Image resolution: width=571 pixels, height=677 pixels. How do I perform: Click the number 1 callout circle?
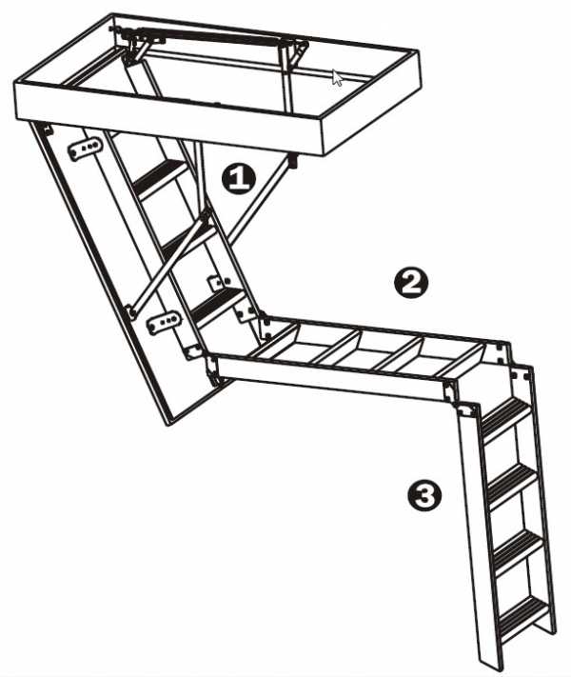click(238, 178)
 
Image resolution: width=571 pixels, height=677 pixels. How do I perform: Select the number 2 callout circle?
click(411, 283)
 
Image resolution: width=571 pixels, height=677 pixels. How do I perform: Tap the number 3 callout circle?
click(424, 495)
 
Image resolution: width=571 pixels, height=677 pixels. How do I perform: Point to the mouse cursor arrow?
click(337, 78)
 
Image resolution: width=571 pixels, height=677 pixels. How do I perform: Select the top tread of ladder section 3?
click(505, 411)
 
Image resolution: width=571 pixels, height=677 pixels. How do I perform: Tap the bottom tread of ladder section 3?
click(523, 613)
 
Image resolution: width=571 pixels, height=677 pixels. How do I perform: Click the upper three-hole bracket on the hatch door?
click(86, 149)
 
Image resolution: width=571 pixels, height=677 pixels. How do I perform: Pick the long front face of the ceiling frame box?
click(169, 116)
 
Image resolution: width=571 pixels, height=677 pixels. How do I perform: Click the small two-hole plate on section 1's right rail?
click(219, 283)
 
